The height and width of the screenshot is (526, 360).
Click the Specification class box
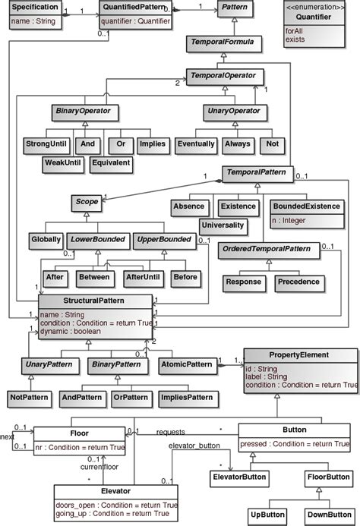click(35, 16)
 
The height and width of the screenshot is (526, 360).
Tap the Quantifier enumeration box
click(319, 23)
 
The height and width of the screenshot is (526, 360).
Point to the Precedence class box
click(298, 282)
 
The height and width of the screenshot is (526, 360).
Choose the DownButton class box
click(322, 514)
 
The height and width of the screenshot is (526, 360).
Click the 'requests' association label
click(171, 431)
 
